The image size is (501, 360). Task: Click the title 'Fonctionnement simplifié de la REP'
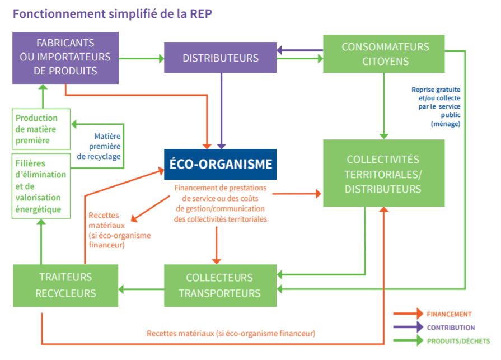click(x=113, y=13)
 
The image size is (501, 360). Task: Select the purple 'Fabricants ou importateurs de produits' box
click(x=65, y=58)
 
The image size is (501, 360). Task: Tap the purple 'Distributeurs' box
click(x=221, y=58)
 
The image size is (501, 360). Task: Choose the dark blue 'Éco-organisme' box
click(x=220, y=164)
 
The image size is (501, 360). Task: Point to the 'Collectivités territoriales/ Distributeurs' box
click(x=383, y=174)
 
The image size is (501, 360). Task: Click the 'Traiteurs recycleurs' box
click(x=65, y=286)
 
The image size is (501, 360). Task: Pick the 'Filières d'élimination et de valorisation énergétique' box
click(x=41, y=185)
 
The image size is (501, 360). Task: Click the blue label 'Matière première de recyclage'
click(x=99, y=146)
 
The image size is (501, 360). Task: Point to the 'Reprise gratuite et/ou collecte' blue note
click(x=436, y=106)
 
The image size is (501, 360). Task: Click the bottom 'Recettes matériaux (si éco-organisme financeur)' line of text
click(x=231, y=333)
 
